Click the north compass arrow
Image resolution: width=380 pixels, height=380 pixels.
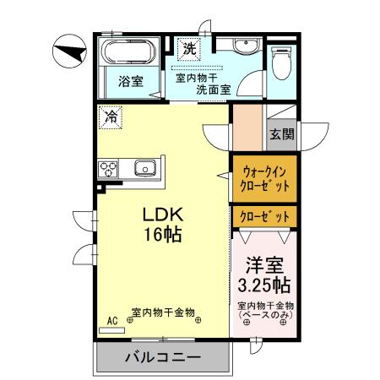[x=69, y=52]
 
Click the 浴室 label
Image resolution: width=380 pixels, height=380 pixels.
[x=129, y=82]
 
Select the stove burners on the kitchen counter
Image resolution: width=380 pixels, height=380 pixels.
[x=111, y=168]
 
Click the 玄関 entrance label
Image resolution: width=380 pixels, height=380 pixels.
[x=281, y=133]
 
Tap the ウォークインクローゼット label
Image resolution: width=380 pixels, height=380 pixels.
[x=264, y=178]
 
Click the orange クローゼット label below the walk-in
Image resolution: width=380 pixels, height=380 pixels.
[x=264, y=217]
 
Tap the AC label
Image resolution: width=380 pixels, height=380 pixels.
[x=111, y=321]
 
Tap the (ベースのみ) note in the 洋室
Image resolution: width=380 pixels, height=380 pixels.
[x=264, y=315]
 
